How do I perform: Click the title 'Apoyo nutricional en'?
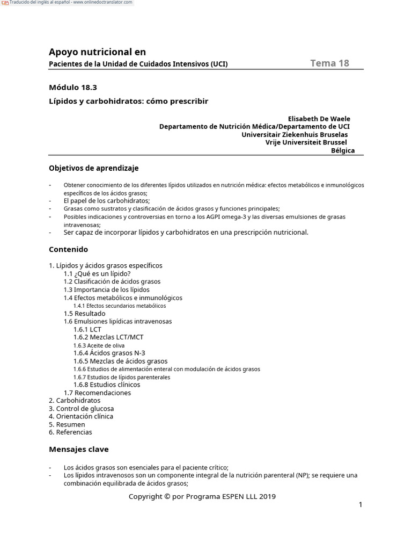point(97,52)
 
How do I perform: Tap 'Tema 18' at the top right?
point(329,63)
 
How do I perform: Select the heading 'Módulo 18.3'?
point(73,87)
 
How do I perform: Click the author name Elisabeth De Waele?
point(319,119)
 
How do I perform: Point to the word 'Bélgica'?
point(343,151)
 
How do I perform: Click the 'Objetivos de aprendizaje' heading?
point(93,168)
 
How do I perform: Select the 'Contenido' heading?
point(68,250)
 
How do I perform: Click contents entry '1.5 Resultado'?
point(84,313)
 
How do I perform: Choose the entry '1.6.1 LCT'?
point(87,329)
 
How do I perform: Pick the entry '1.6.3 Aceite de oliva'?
point(99,345)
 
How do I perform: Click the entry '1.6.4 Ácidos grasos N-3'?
point(109,353)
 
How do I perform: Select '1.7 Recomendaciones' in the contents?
point(97,393)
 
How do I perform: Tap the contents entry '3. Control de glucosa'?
point(81,408)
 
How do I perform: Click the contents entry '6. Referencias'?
point(70,432)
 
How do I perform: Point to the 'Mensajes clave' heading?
point(78,449)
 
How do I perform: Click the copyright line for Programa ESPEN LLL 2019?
point(202,496)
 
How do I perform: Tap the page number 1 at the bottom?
point(360,505)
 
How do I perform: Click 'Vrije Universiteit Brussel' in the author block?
point(306,143)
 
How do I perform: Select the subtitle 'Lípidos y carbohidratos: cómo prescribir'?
point(128,101)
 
